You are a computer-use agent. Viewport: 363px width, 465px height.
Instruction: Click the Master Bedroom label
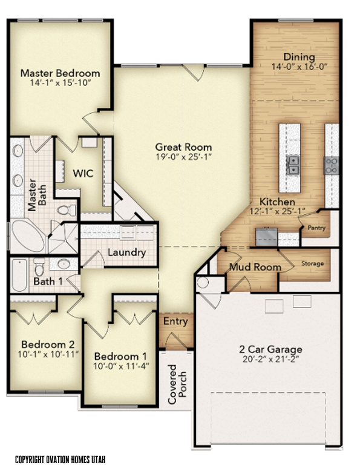[x=60, y=73]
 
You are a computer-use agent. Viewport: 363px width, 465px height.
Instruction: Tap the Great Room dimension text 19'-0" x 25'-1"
[x=184, y=157]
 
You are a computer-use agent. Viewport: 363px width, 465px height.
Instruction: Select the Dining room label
[x=299, y=57]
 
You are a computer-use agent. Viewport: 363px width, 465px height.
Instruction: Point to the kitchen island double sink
[x=292, y=165]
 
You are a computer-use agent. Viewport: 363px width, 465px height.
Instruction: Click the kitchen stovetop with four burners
[x=331, y=165]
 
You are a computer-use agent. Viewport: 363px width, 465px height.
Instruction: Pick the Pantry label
[x=316, y=228]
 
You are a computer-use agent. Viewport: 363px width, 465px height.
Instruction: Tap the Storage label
[x=312, y=263]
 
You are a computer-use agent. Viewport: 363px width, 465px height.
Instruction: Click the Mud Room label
[x=255, y=267]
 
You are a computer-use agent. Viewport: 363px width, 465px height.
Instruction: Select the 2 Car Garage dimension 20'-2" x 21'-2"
[x=270, y=359]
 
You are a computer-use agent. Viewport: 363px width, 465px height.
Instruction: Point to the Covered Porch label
[x=177, y=384]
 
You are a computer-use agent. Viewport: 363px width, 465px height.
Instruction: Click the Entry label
[x=175, y=322]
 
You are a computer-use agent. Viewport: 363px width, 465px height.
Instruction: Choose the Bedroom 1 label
[x=120, y=356]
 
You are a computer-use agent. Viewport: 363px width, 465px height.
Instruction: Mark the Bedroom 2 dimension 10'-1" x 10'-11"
[x=48, y=354]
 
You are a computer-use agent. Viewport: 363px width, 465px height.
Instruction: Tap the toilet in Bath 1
[x=39, y=267]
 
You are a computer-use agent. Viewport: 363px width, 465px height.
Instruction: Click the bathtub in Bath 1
[x=19, y=275]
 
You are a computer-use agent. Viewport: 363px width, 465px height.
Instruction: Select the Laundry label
[x=127, y=252]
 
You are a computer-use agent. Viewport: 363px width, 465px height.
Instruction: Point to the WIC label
[x=83, y=173]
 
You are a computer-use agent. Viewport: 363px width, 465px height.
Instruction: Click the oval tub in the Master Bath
[x=28, y=236]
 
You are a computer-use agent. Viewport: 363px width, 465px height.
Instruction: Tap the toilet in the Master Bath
[x=67, y=210]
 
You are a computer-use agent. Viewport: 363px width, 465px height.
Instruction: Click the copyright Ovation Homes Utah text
[x=60, y=460]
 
